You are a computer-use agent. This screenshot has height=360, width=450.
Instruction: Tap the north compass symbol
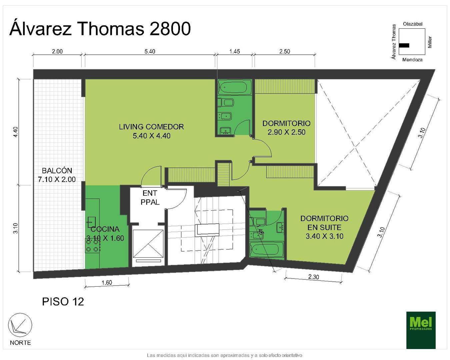[20, 325]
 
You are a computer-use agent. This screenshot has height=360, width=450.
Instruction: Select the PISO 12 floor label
[63, 302]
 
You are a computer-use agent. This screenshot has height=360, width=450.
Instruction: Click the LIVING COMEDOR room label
[151, 127]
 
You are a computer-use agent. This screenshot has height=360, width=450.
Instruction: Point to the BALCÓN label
[57, 170]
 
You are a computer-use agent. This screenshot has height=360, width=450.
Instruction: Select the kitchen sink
[91, 222]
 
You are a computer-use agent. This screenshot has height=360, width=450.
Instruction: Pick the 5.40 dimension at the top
[150, 51]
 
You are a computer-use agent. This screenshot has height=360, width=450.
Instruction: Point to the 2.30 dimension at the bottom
[313, 277]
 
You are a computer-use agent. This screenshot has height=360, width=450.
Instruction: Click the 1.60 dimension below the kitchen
[107, 282]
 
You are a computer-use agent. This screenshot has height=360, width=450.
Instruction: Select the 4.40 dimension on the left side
[16, 132]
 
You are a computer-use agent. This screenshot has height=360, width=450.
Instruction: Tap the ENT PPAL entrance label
[150, 197]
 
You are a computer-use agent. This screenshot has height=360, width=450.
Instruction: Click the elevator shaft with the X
[148, 244]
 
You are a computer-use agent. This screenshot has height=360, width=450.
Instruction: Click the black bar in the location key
[404, 45]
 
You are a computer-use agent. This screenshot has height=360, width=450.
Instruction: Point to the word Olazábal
[413, 24]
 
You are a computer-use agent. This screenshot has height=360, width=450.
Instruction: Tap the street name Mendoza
[412, 60]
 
